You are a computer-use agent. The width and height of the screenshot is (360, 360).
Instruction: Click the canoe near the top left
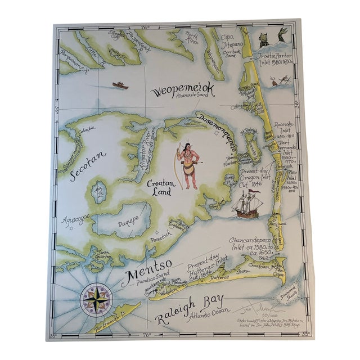120,85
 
